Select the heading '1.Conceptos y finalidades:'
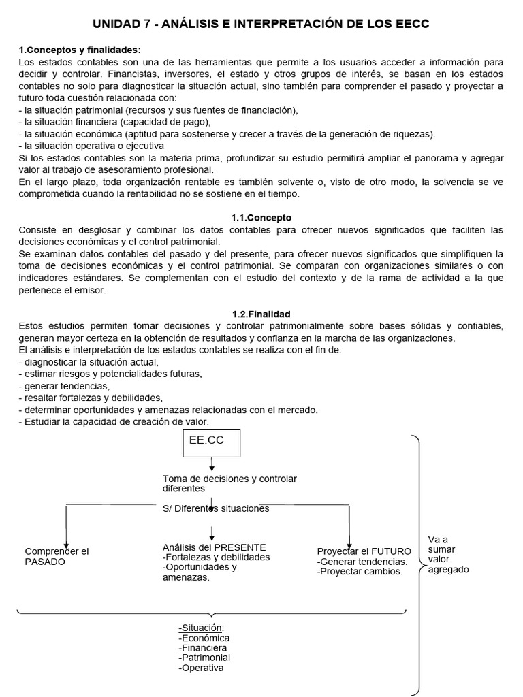[x=80, y=50]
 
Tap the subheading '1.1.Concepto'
[x=261, y=218]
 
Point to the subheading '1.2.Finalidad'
[x=261, y=314]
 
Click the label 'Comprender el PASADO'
[x=57, y=556]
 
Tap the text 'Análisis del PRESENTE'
[x=214, y=547]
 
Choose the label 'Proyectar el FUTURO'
[x=364, y=551]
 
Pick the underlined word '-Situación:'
[x=201, y=628]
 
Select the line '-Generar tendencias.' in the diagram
[x=362, y=562]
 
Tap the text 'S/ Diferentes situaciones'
[x=216, y=508]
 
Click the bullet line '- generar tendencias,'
[x=65, y=385]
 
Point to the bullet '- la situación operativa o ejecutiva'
[x=91, y=145]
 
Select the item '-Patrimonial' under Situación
[x=204, y=658]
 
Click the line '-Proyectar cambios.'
[x=360, y=572]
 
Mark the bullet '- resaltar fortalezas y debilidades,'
[x=91, y=397]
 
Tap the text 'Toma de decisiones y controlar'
[x=229, y=479]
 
